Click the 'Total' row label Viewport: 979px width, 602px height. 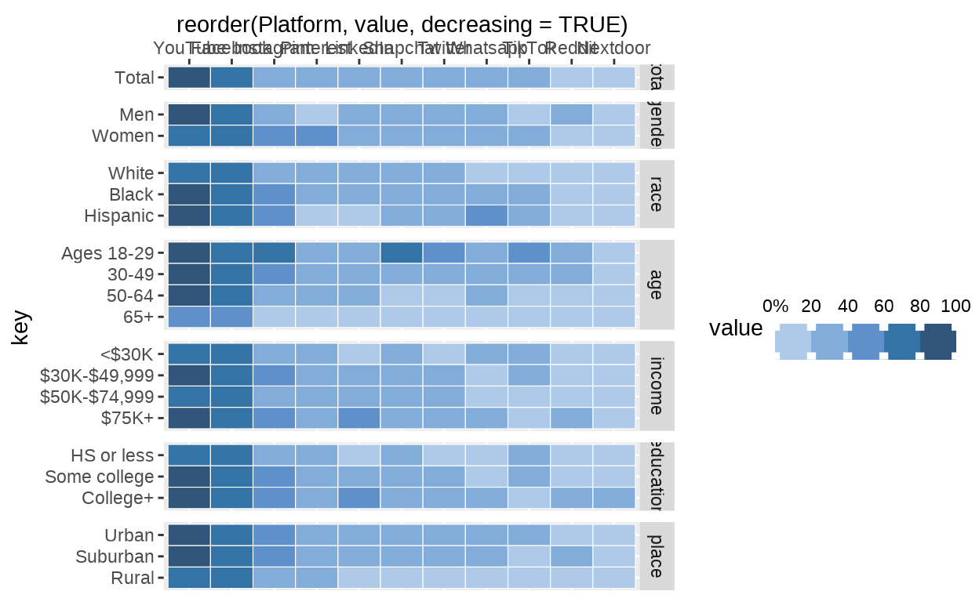point(135,78)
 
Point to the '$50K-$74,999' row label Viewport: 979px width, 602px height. point(96,397)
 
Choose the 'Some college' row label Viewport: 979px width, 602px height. point(99,477)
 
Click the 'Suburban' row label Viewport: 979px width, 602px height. point(115,557)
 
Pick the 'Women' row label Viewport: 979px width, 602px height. point(122,136)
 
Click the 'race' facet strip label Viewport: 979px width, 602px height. point(657,194)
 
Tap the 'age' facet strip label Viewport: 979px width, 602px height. point(657,285)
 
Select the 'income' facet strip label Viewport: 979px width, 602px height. point(657,386)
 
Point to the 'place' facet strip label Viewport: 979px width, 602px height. point(657,556)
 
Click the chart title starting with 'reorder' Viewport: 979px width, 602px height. point(402,24)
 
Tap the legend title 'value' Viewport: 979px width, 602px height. point(735,328)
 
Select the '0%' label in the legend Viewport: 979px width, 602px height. point(775,306)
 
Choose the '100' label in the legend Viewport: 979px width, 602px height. point(956,306)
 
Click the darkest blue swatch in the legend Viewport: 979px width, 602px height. point(937,342)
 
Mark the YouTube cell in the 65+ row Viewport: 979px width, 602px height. point(189,317)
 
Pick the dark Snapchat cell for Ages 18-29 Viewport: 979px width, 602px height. point(402,253)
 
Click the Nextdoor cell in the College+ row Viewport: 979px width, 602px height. point(613,497)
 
